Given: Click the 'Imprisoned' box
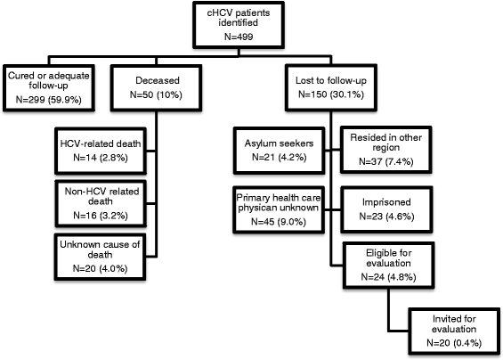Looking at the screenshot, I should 383,206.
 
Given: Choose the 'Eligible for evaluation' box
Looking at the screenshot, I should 383,263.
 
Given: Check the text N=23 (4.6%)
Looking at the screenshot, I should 383,215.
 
